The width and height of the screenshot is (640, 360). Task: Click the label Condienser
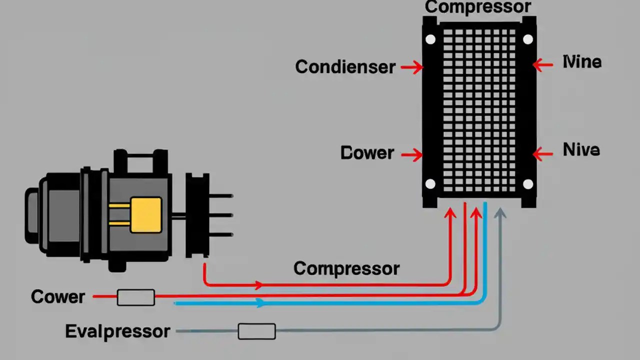345,67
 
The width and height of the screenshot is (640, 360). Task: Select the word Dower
367,153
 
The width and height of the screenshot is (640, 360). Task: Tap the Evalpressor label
117,331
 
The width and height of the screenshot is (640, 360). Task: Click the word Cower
58,297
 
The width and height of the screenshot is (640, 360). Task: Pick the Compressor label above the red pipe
346,268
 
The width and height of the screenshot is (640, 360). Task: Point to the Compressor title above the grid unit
477,7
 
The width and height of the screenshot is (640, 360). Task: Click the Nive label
581,150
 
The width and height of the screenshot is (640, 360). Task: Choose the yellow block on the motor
146,214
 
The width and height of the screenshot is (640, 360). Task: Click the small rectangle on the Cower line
135,297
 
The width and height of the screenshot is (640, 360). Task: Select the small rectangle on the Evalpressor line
256,331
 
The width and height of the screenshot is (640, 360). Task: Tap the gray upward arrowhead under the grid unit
500,213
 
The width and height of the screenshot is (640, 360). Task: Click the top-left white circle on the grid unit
430,39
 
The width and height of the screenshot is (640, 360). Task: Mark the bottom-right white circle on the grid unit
528,184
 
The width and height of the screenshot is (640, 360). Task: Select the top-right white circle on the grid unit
528,39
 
